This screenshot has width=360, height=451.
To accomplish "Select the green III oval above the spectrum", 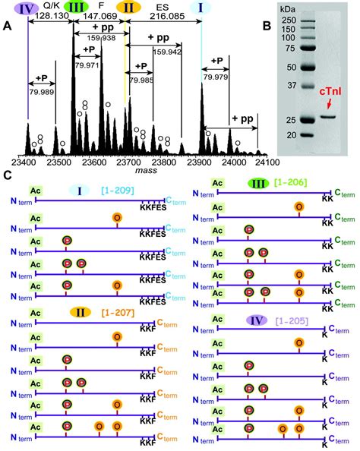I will (x=74, y=7).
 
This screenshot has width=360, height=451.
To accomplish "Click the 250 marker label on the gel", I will (x=288, y=20).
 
